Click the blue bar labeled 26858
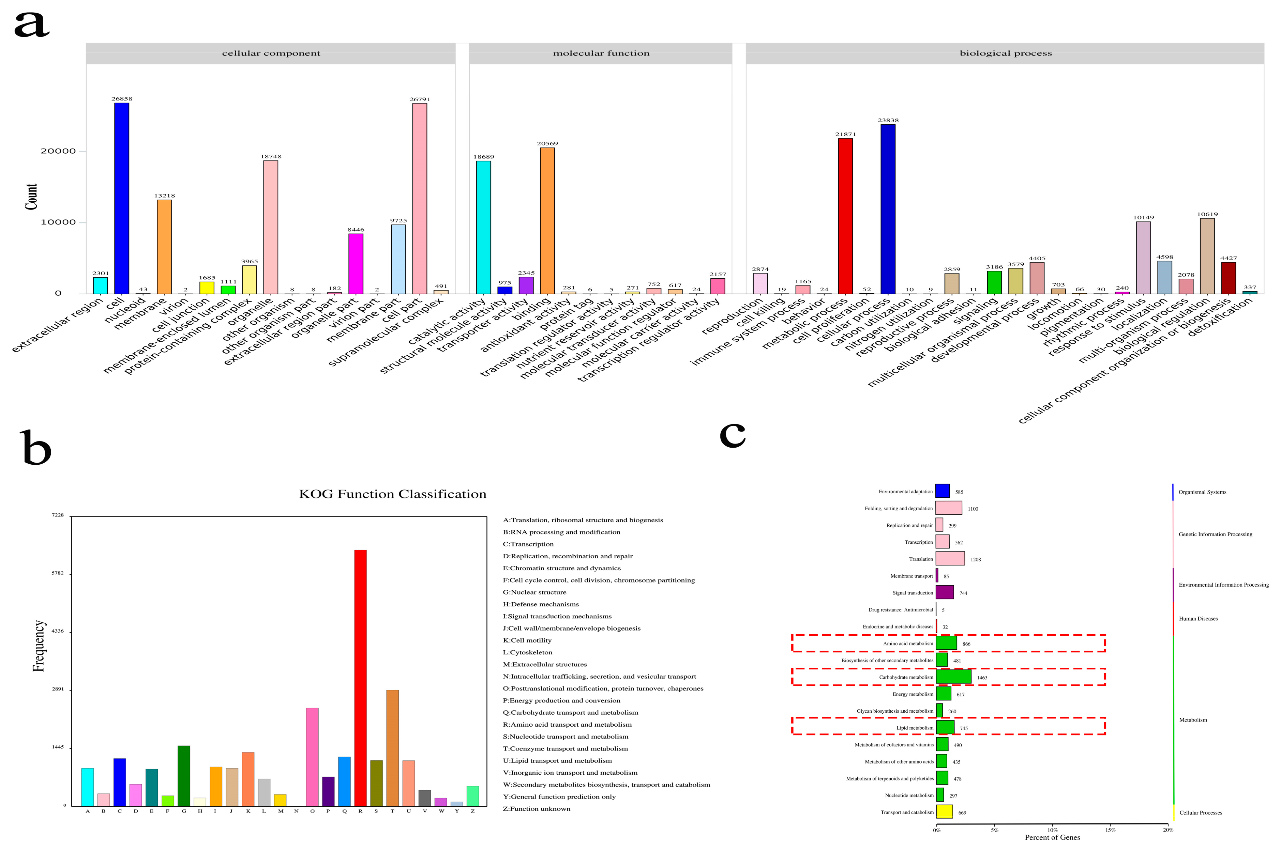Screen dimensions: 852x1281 (121, 198)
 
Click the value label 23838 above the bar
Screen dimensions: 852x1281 (888, 121)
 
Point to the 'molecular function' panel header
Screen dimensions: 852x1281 (601, 53)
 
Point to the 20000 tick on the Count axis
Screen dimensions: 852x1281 (58, 151)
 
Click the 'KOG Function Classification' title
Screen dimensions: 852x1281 (393, 494)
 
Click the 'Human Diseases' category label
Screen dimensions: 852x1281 (1198, 618)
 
